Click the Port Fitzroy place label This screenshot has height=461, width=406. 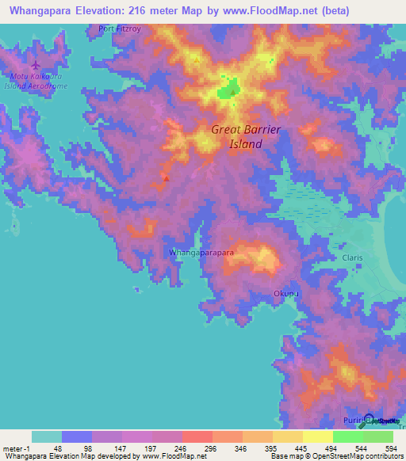point(120,29)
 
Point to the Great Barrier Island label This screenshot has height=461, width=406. point(246,136)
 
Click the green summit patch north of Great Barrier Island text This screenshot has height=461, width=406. point(231,90)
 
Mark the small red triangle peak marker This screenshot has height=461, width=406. point(166,178)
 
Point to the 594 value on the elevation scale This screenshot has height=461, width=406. point(389,448)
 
